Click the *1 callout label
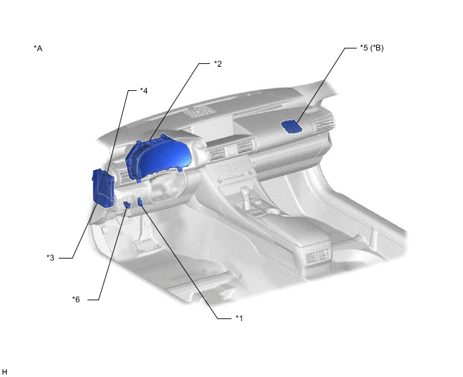[x=239, y=318]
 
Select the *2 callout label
[x=217, y=64]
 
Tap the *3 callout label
[x=50, y=258]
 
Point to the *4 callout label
[x=144, y=91]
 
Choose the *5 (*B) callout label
[x=371, y=48]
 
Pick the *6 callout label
[x=76, y=300]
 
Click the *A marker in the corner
[x=38, y=48]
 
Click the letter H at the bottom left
[x=4, y=372]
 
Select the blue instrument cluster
[x=157, y=158]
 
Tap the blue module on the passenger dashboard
[x=291, y=127]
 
